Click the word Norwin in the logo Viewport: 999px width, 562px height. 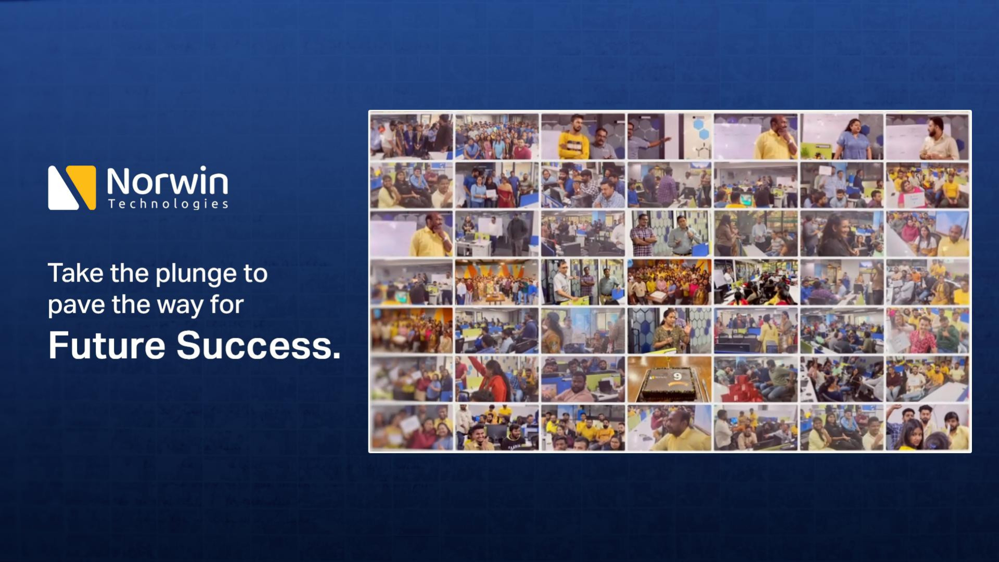(x=167, y=181)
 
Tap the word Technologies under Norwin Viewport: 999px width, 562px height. (x=168, y=203)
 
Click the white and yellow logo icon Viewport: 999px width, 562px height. (x=72, y=187)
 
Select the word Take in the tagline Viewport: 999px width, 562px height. (x=75, y=273)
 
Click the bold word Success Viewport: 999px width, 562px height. (x=259, y=346)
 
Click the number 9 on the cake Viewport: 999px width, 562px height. (x=677, y=376)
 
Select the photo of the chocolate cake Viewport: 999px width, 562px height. (x=669, y=379)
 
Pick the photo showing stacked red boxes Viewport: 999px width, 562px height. (x=755, y=379)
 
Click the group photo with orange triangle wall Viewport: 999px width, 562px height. (x=497, y=282)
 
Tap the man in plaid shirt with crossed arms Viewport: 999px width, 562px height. (x=644, y=235)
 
